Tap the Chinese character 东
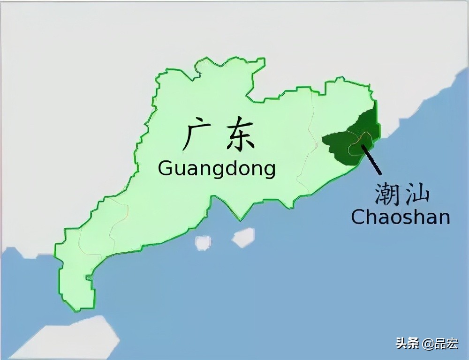click(x=240, y=136)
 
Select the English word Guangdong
click(x=217, y=169)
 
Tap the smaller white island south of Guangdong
click(x=203, y=242)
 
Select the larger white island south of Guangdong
click(x=243, y=237)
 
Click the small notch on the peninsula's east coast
click(x=89, y=278)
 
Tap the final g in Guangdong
click(x=269, y=170)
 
